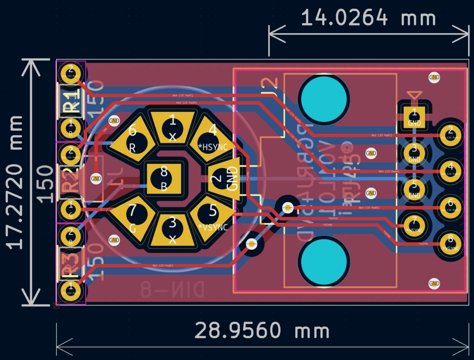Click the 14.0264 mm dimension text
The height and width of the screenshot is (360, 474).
tap(368, 19)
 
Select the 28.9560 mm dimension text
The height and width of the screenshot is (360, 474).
tap(262, 331)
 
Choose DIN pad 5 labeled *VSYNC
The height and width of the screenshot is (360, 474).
tap(212, 217)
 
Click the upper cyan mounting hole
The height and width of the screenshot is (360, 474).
tap(323, 98)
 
